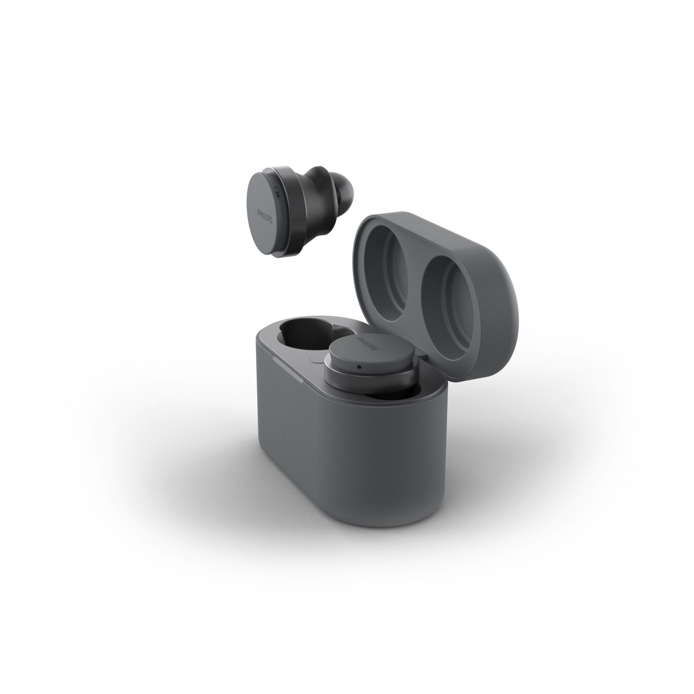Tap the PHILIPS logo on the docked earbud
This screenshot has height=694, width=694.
[367, 344]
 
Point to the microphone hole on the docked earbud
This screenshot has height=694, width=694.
[360, 367]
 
